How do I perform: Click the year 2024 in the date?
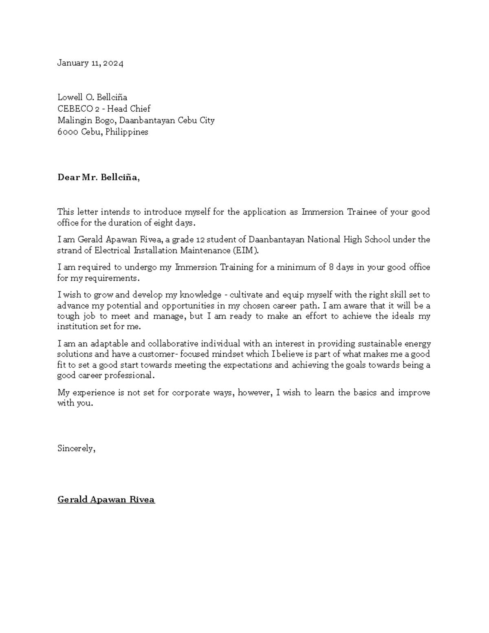click(113, 63)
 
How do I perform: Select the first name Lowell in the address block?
click(70, 97)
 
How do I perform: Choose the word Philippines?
click(127, 132)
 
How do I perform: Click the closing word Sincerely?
click(76, 448)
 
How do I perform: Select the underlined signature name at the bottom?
click(106, 500)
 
